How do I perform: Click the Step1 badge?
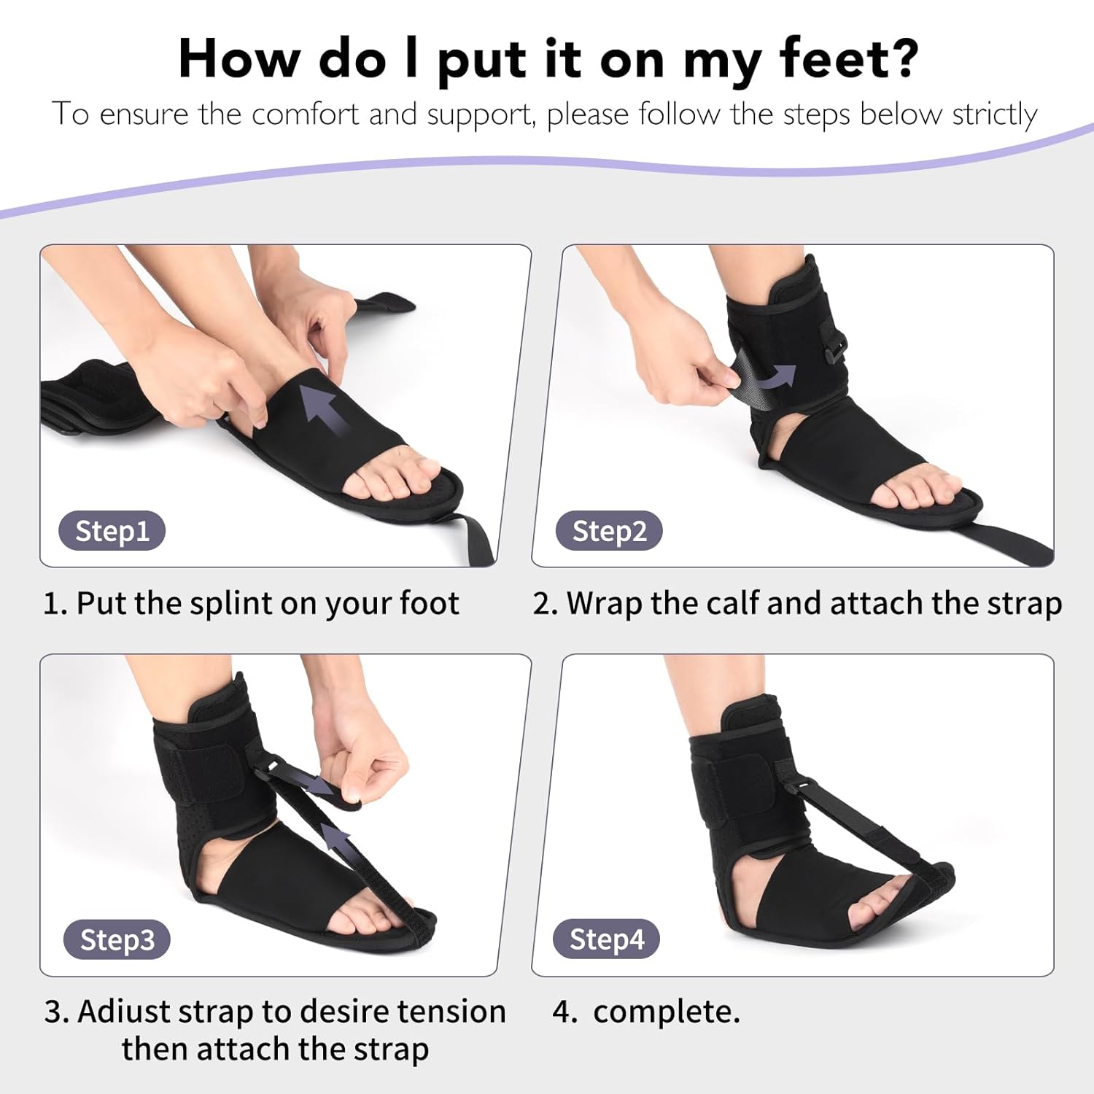point(112,531)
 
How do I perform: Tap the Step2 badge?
point(609,531)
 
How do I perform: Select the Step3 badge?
point(117,940)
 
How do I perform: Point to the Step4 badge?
point(607,939)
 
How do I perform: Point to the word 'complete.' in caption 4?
point(667,1013)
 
